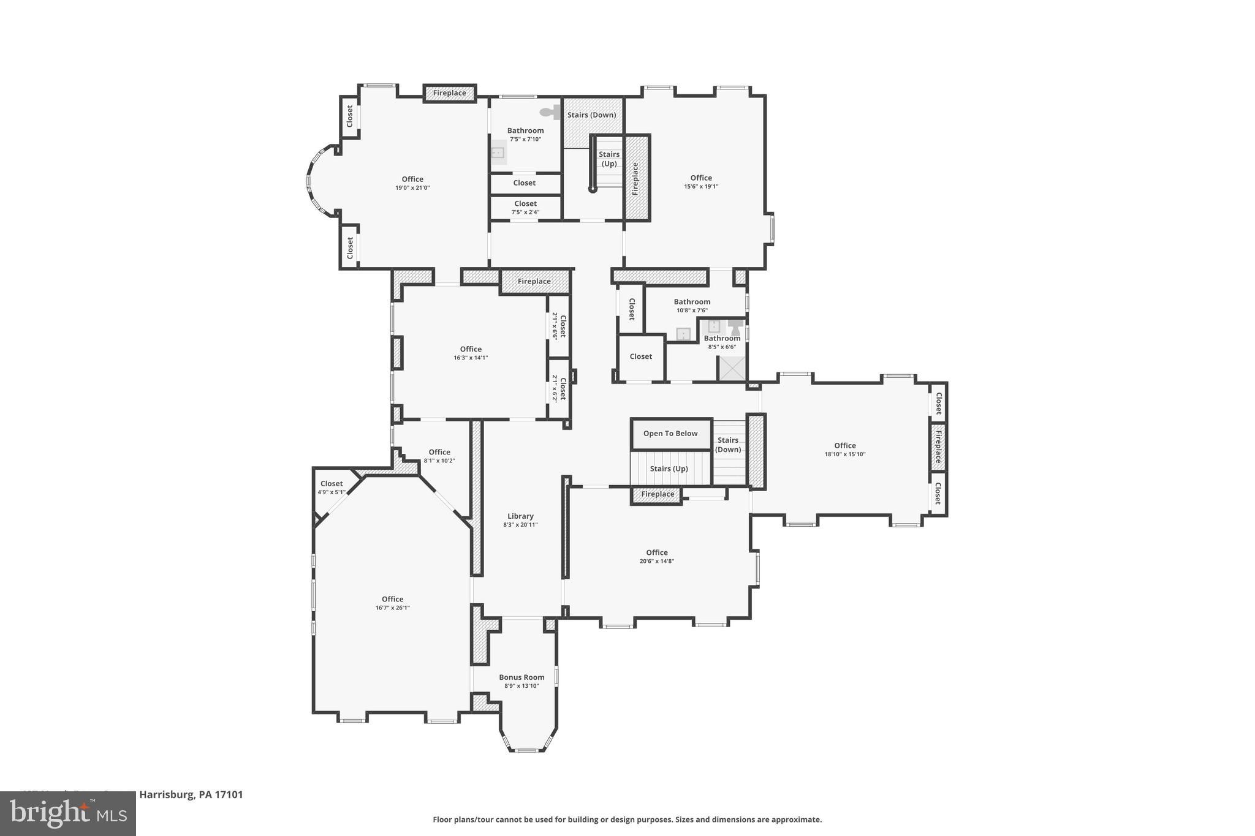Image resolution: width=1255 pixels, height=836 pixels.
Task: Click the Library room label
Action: (520, 516)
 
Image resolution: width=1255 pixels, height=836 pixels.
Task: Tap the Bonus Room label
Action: (521, 677)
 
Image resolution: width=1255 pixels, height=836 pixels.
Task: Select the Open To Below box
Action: (670, 434)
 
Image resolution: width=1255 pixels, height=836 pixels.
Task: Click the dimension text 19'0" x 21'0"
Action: (412, 188)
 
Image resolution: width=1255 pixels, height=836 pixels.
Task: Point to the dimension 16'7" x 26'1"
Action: (392, 608)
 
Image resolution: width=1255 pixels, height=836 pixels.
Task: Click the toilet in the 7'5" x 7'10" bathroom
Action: (551, 112)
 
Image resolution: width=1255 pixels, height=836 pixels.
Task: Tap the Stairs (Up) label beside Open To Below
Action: (669, 469)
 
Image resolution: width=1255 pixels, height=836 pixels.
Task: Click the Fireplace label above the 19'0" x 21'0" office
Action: (450, 93)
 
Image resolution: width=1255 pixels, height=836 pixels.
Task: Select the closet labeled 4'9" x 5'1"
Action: (332, 488)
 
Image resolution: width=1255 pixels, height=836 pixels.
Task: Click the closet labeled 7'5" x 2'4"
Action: (525, 208)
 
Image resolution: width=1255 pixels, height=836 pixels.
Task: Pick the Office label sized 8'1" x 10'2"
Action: (439, 452)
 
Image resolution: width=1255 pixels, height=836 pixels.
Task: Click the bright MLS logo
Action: (68, 813)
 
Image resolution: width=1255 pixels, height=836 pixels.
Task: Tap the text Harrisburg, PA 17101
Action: (191, 795)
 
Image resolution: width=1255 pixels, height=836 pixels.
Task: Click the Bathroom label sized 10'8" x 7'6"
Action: (692, 301)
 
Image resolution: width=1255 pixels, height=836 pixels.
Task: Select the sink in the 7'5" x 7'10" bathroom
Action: (498, 153)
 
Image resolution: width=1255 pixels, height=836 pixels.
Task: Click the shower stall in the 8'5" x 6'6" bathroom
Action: (732, 368)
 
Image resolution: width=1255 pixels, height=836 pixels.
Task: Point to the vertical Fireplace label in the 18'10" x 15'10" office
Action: (938, 447)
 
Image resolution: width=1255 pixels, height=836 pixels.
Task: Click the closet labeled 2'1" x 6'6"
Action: (559, 326)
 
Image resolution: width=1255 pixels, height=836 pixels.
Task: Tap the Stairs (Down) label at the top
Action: (591, 115)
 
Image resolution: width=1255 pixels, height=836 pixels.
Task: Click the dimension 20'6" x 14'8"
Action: (656, 561)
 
